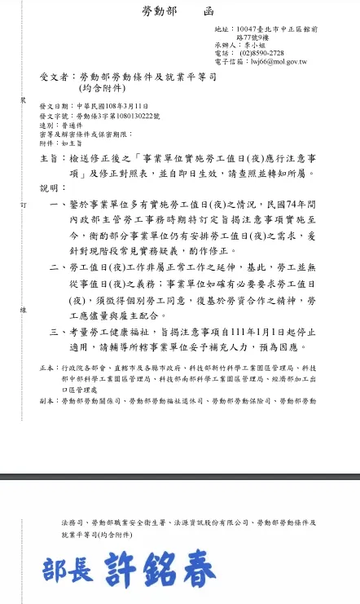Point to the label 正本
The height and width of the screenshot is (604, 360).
tap(47, 369)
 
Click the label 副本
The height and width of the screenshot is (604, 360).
tap(47, 401)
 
